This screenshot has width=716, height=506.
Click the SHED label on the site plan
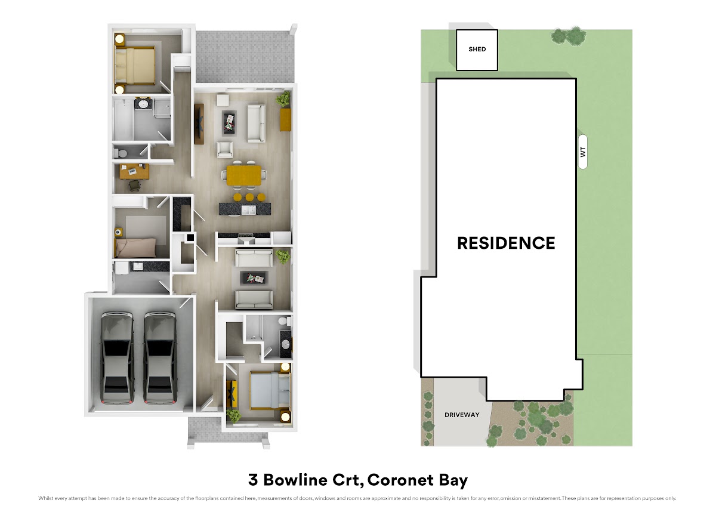point(477,49)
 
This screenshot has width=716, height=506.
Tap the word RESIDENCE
point(506,243)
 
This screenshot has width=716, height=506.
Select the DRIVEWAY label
point(462,415)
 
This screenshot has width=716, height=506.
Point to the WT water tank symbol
point(583,152)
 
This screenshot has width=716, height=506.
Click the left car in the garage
point(118,358)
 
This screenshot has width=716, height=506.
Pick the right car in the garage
point(160,358)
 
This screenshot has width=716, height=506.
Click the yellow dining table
point(244,175)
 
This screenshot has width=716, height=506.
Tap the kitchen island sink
point(248,210)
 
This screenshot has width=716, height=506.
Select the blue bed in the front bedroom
point(270,390)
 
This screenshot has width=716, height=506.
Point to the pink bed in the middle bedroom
point(136,248)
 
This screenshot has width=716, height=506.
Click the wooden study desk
point(134,171)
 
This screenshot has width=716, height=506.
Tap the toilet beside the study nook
point(121,153)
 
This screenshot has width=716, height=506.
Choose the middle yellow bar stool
point(249,197)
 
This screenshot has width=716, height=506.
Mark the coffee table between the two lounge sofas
point(254,278)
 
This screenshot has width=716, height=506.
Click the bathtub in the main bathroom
point(123,119)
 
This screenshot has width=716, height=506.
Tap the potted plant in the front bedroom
point(234,415)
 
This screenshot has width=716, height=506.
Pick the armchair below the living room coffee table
point(225,150)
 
